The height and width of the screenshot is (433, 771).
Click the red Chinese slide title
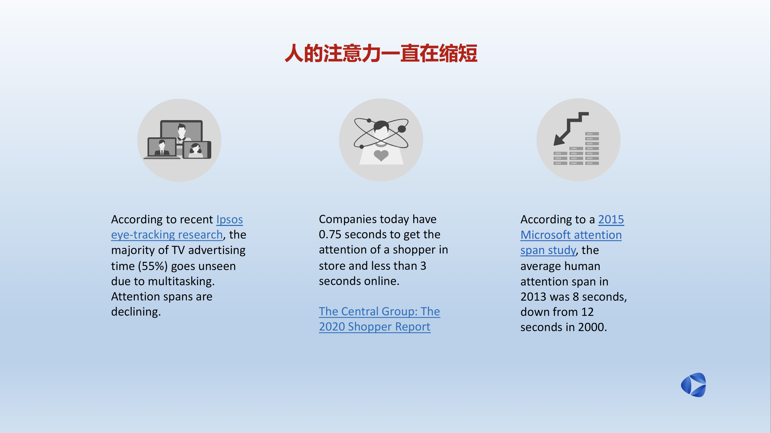pyautogui.click(x=381, y=53)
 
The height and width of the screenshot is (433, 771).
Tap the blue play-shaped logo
pyautogui.click(x=694, y=385)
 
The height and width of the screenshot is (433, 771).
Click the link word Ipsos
pyautogui.click(x=230, y=219)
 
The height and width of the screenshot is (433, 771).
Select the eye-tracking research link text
pyautogui.click(x=167, y=235)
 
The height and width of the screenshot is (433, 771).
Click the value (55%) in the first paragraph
pyautogui.click(x=153, y=266)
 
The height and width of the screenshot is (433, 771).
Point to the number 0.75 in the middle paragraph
pyautogui.click(x=330, y=234)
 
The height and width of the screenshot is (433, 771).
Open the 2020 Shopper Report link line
pyautogui.click(x=374, y=327)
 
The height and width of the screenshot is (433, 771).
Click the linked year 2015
pyautogui.click(x=611, y=219)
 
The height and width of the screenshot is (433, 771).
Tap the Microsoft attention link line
pyautogui.click(x=571, y=235)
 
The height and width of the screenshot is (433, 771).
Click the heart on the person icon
pyautogui.click(x=381, y=155)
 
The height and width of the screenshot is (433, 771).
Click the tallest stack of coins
pyautogui.click(x=592, y=148)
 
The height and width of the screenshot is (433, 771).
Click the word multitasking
pyautogui.click(x=181, y=282)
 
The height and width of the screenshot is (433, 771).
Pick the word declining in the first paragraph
pyautogui.click(x=136, y=312)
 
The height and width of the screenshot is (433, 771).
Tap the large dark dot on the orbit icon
pyautogui.click(x=402, y=129)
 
